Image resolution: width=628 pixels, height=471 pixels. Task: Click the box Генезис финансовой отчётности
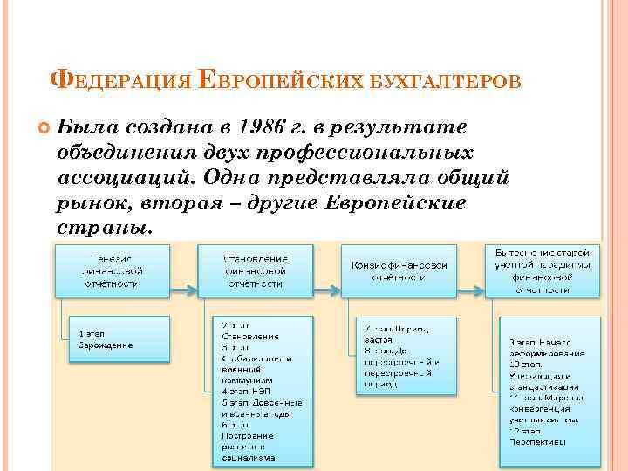tap(113, 270)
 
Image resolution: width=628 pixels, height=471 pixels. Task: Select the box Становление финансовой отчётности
tap(255, 270)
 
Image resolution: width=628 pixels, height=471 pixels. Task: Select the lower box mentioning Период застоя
tap(406, 356)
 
